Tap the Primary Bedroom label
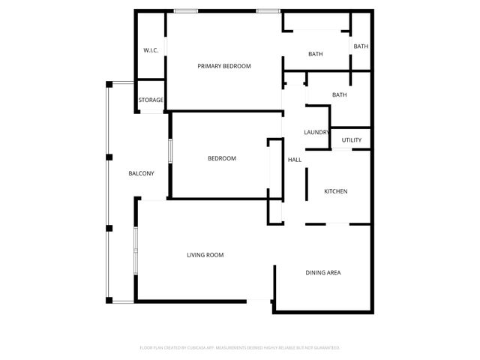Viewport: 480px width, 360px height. click(x=224, y=67)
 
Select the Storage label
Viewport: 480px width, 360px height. click(x=151, y=100)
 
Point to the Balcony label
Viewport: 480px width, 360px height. click(x=141, y=174)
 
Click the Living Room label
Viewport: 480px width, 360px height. click(x=205, y=256)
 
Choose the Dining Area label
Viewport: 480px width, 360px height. click(x=323, y=273)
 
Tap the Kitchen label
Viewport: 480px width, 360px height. click(x=335, y=192)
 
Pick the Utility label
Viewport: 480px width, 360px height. click(x=352, y=140)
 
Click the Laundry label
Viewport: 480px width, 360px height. click(x=316, y=133)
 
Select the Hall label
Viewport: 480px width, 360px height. click(x=295, y=160)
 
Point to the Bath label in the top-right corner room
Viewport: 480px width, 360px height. click(x=361, y=47)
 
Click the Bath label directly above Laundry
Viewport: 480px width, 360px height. click(x=340, y=95)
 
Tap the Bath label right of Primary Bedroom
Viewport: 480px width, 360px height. click(x=316, y=55)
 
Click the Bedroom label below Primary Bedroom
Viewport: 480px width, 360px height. click(x=222, y=159)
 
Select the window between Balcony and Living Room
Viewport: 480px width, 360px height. click(x=135, y=250)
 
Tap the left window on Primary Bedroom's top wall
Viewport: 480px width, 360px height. click(x=186, y=10)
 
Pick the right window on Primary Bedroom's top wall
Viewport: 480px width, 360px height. click(x=268, y=10)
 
